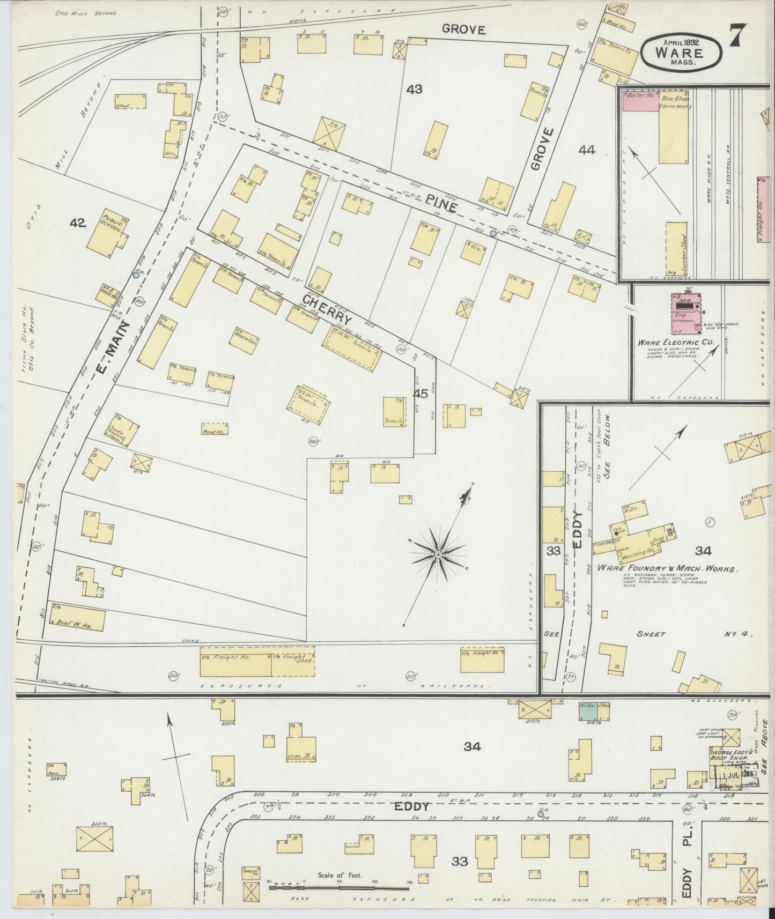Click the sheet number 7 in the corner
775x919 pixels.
tap(741, 37)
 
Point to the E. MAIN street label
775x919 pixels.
tap(113, 349)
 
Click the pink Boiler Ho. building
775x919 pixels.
tap(640, 101)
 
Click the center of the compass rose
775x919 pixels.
tap(438, 553)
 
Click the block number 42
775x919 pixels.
tap(78, 223)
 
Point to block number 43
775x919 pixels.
tap(414, 90)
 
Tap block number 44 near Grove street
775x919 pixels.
tap(587, 151)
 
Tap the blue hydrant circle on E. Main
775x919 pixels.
tap(136, 275)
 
